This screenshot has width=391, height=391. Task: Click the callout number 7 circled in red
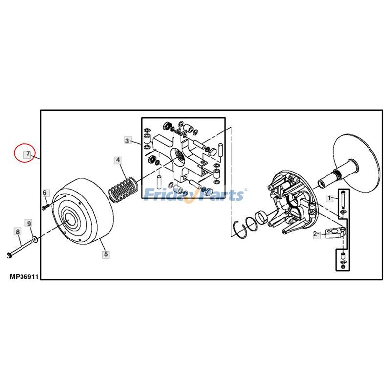[x=28, y=154]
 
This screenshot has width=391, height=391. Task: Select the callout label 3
[x=127, y=141]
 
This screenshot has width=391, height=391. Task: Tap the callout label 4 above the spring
[x=118, y=160]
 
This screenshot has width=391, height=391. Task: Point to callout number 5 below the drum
[x=106, y=254]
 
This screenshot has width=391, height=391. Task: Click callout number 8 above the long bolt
[x=18, y=232]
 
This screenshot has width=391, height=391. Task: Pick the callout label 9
[x=29, y=223]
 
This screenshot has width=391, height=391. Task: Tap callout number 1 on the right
[x=330, y=198]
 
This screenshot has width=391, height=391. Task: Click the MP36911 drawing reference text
[x=23, y=276]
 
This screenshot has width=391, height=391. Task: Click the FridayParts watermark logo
[x=195, y=195]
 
